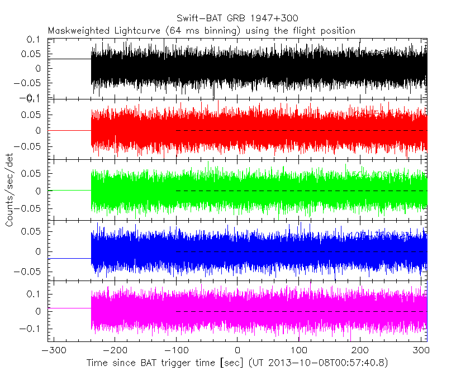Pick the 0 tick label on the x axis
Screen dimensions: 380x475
pos(237,351)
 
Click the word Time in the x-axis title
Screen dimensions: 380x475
pos(97,363)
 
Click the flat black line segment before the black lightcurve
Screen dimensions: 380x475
pos(70,59)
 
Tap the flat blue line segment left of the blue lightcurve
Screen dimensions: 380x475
pos(70,259)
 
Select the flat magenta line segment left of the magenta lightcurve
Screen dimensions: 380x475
pos(70,308)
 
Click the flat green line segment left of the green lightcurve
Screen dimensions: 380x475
pos(70,190)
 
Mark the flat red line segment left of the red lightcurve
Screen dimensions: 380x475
pos(70,130)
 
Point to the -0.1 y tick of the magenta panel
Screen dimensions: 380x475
pos(34,329)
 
